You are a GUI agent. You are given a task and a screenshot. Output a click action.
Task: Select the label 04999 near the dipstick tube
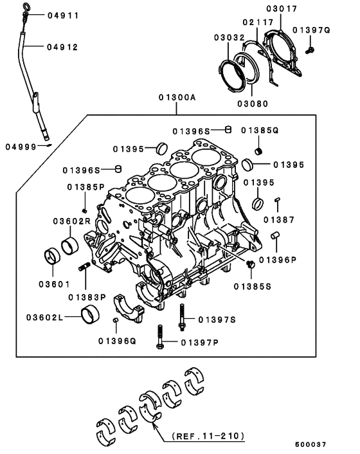click(x=21, y=147)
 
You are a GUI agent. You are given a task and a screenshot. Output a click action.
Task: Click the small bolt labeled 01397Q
click(x=310, y=48)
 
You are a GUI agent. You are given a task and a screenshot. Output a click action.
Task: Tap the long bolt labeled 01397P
click(x=160, y=339)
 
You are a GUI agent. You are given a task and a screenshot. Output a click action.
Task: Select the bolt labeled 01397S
click(x=183, y=316)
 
